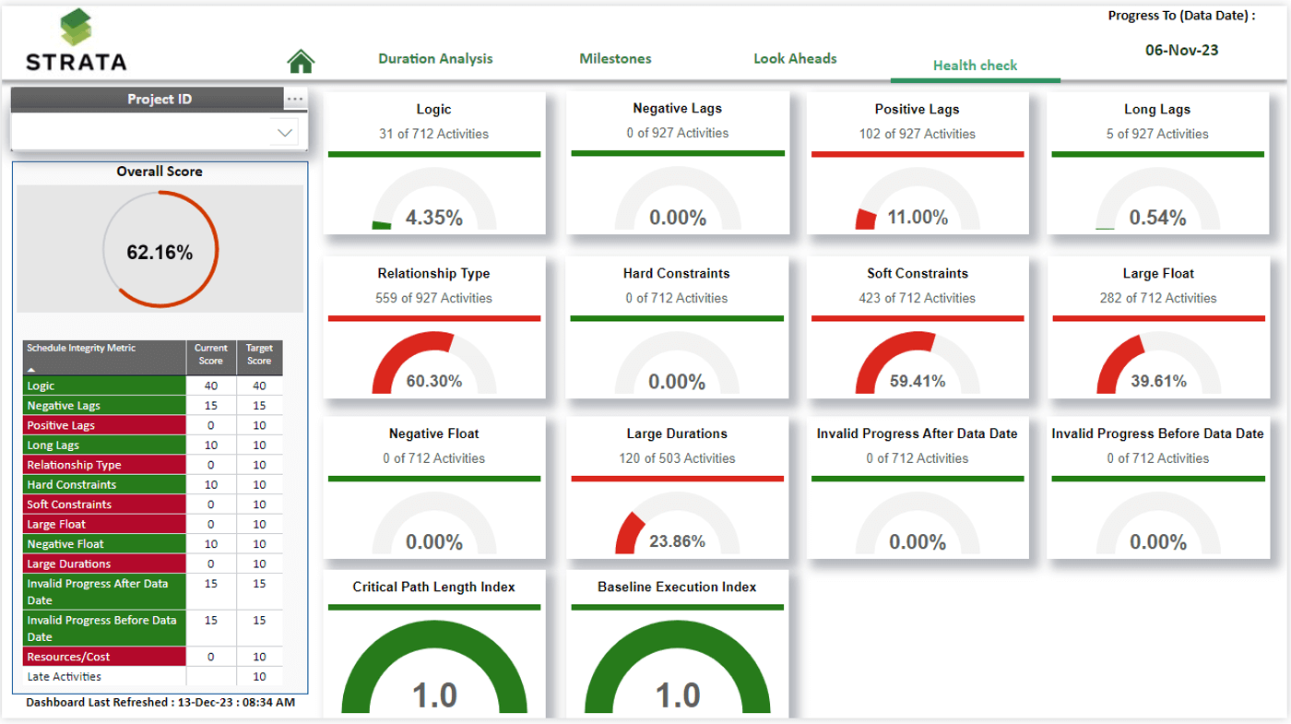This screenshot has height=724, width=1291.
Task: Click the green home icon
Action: [301, 61]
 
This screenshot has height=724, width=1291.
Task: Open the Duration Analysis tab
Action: [435, 58]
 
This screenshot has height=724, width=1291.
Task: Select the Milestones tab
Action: [615, 58]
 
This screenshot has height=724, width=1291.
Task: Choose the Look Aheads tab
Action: [795, 58]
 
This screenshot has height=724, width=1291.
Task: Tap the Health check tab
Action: [975, 65]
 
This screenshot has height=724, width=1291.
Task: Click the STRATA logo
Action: [77, 42]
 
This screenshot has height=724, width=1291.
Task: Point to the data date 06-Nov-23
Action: [1181, 50]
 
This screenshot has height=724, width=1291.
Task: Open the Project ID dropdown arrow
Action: [285, 133]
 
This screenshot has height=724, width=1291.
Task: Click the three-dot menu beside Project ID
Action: [294, 99]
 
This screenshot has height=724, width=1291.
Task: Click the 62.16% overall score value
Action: [160, 252]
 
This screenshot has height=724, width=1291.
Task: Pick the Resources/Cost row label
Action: [68, 657]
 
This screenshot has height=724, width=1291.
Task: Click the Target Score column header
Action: [259, 354]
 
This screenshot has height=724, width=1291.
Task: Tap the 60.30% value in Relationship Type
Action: [433, 381]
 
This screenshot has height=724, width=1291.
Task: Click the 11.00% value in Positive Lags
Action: [917, 218]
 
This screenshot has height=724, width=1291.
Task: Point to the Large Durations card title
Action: [677, 433]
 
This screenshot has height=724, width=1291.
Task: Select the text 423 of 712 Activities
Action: [917, 298]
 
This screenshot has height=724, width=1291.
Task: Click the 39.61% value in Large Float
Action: [1158, 381]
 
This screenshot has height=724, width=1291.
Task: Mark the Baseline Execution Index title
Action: [677, 587]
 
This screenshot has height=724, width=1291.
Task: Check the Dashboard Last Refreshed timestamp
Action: [160, 702]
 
